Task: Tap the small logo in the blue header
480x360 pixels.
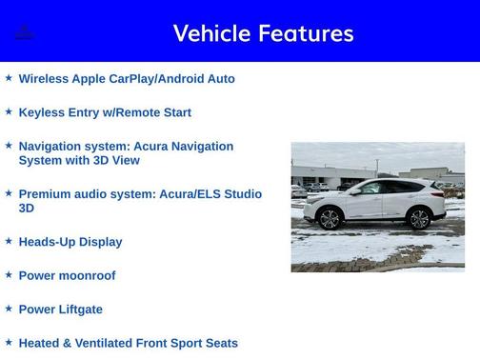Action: tap(25, 33)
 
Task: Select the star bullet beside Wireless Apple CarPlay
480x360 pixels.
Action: tap(9, 78)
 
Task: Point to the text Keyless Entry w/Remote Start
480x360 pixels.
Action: tap(105, 112)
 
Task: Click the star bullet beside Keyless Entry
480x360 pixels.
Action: tap(9, 111)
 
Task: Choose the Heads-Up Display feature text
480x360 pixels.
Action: tap(70, 242)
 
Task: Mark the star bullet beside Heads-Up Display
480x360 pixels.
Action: tap(9, 241)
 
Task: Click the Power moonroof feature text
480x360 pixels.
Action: tap(67, 275)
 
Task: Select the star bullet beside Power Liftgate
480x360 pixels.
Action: tap(9, 309)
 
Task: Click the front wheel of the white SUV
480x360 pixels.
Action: tap(330, 219)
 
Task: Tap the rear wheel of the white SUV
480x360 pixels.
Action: tap(418, 219)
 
